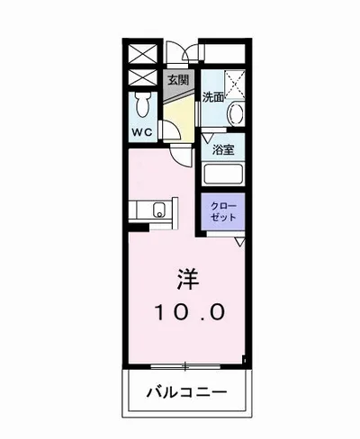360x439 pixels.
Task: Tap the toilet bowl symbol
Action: click(142, 104)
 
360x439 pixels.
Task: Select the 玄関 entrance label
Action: click(177, 79)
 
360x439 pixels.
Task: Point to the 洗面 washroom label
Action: click(212, 97)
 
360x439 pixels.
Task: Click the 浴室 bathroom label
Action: click(223, 149)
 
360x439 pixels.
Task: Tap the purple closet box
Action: click(221, 212)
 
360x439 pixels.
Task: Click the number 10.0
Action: click(185, 313)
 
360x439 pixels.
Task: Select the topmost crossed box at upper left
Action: click(142, 52)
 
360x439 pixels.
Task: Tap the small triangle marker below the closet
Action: click(240, 242)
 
